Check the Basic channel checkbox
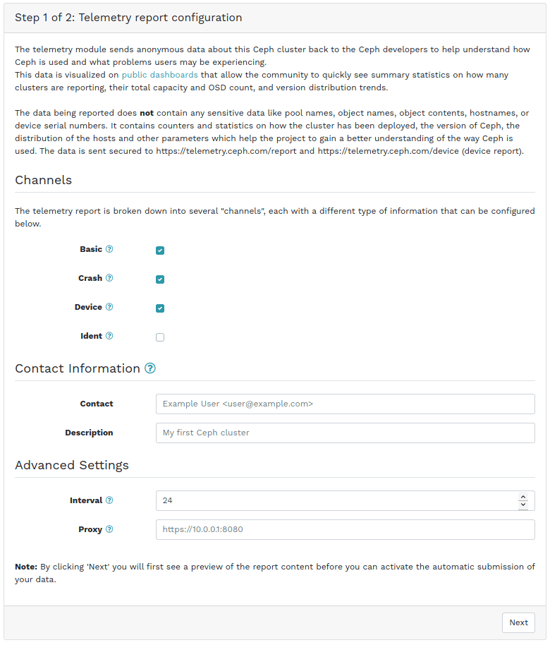tap(160, 251)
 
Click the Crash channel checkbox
tap(160, 279)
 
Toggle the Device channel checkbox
tap(160, 308)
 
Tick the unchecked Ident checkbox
tap(160, 337)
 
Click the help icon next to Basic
tap(109, 249)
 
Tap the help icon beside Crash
tap(109, 278)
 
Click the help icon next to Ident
tap(109, 336)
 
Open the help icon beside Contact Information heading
tap(150, 368)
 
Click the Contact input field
tap(345, 404)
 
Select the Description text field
tap(345, 433)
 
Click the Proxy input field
tap(345, 529)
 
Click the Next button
tap(518, 622)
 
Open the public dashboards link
tap(159, 75)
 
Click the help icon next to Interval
tap(109, 500)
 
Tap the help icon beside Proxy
tap(109, 529)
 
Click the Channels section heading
tap(44, 180)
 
